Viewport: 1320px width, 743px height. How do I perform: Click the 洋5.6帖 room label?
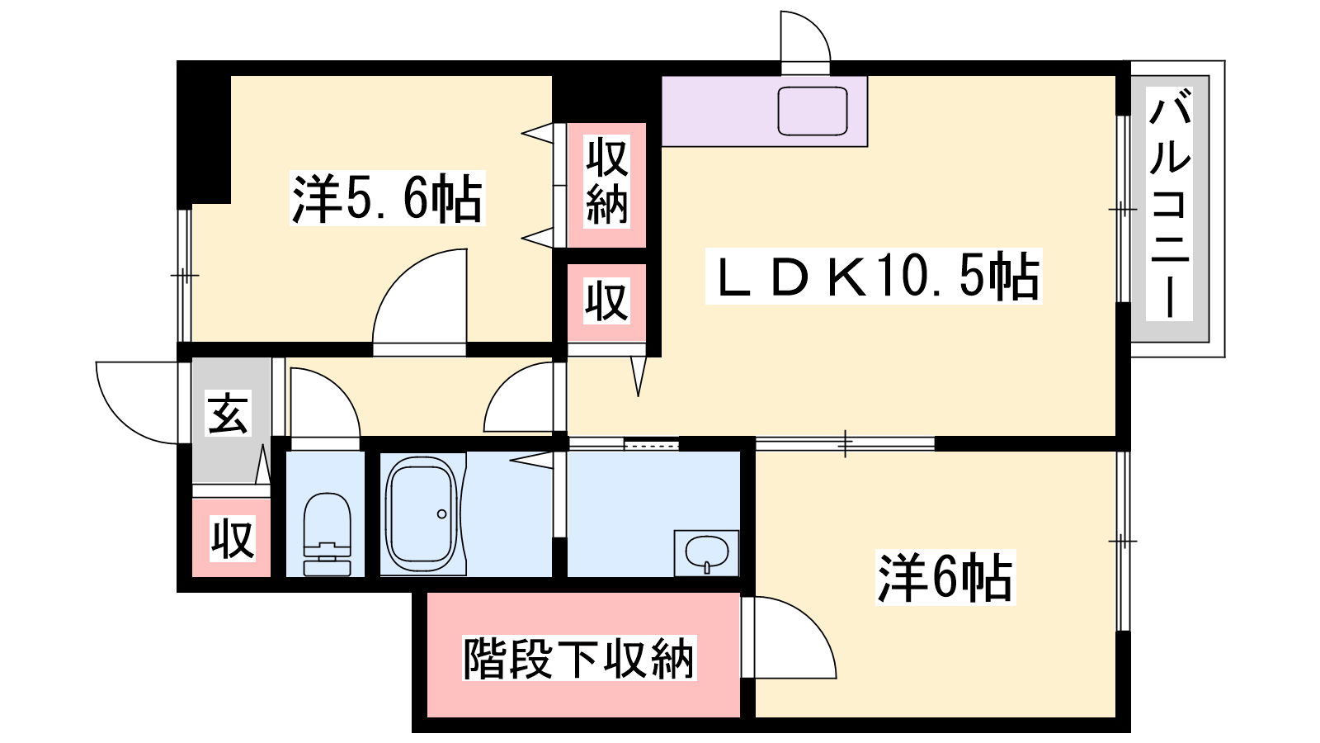tap(387, 199)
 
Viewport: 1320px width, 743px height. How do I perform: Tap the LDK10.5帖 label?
tap(874, 277)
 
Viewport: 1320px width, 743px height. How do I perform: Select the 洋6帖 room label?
tap(945, 578)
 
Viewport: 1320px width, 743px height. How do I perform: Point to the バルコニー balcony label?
tap(1170, 204)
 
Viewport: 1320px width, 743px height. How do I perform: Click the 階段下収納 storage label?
tap(578, 658)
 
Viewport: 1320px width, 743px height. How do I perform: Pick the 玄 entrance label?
tap(228, 414)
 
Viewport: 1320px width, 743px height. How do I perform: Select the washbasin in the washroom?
tap(706, 552)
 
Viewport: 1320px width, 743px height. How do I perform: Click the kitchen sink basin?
tap(813, 111)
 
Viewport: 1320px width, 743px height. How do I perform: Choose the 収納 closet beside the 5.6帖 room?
tap(606, 182)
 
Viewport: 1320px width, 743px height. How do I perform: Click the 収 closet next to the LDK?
tap(606, 301)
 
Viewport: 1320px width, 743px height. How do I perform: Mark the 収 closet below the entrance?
tap(232, 539)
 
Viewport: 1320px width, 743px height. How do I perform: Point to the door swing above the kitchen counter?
tap(804, 37)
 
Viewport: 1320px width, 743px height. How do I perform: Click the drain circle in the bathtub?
tap(441, 514)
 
